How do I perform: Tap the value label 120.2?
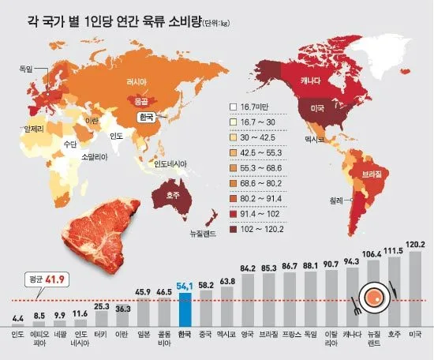click(x=412, y=245)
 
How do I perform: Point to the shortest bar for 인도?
click(x=17, y=324)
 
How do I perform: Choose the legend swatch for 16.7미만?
click(x=233, y=107)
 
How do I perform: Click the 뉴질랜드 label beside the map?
click(x=204, y=234)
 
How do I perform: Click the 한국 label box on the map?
click(x=145, y=117)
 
